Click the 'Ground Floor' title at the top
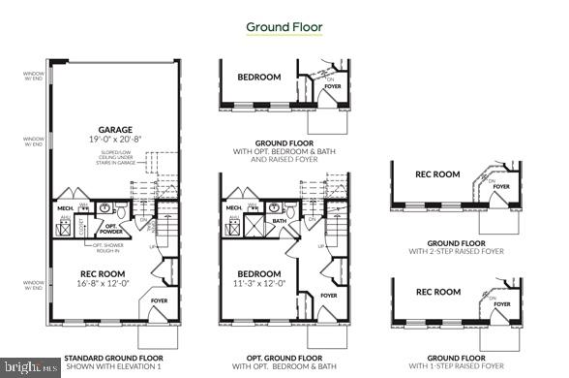pos(284,26)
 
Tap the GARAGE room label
pos(114,129)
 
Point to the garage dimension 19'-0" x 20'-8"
pos(114,140)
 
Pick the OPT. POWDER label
pos(113,232)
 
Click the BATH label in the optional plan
pos(279,221)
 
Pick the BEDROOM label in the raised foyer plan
pos(259,77)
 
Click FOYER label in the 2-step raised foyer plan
pos(501,186)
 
